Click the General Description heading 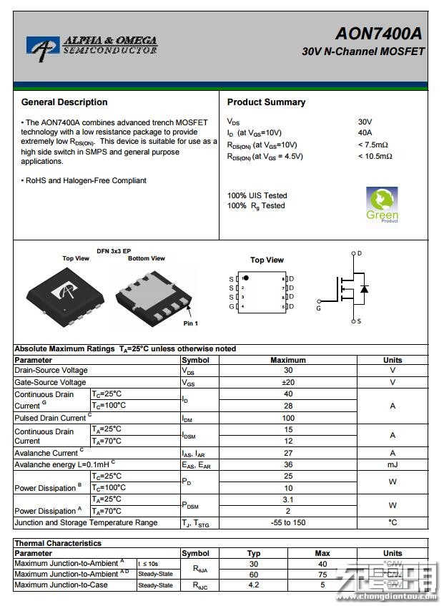pyautogui.click(x=64, y=102)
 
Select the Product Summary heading pyautogui.click(x=266, y=102)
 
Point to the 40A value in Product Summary pyautogui.click(x=365, y=132)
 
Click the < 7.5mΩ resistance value pyautogui.click(x=373, y=145)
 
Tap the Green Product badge pyautogui.click(x=382, y=205)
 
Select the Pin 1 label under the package pyautogui.click(x=191, y=324)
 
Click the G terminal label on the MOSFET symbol pyautogui.click(x=319, y=308)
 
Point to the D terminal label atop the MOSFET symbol pyautogui.click(x=359, y=253)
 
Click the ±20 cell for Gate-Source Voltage pyautogui.click(x=288, y=382)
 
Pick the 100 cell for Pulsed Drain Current pyautogui.click(x=288, y=418)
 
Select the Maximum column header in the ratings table pyautogui.click(x=288, y=360)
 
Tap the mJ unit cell pyautogui.click(x=393, y=464)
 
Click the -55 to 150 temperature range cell pyautogui.click(x=288, y=522)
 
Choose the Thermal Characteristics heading pyautogui.click(x=58, y=544)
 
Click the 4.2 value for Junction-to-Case pyautogui.click(x=254, y=585)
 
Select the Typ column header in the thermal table pyautogui.click(x=254, y=553)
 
